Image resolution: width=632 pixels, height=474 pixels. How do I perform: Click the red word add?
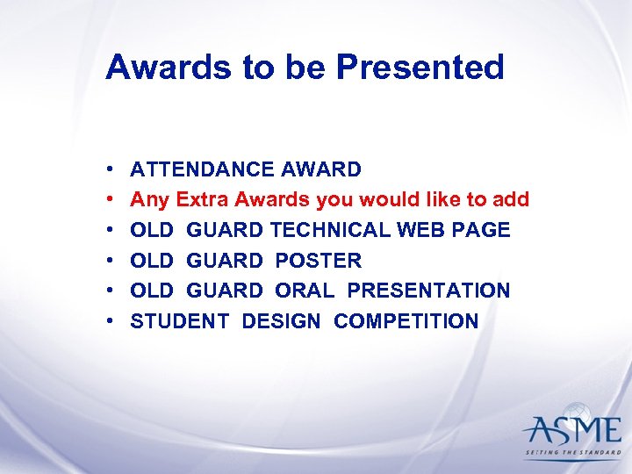tap(511, 200)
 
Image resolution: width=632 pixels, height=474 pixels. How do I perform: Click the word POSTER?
tap(318, 261)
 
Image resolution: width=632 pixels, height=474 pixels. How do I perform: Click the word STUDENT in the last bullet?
tap(180, 321)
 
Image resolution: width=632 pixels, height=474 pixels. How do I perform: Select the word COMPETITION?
tap(406, 321)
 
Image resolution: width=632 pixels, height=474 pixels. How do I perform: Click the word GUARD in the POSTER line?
tap(225, 261)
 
